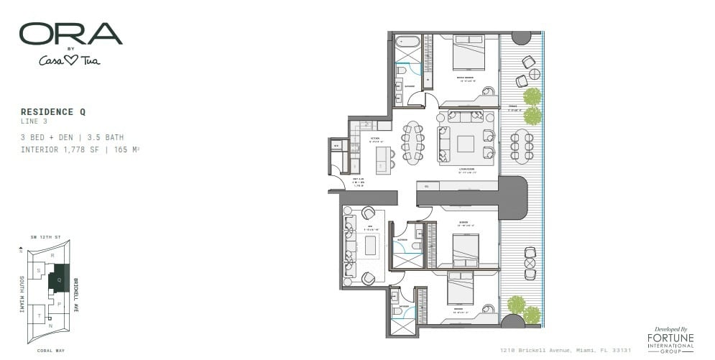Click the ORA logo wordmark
coord(70,34)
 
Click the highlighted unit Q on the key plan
coord(59,278)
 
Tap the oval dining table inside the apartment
coord(412,142)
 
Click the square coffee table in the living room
coord(466,144)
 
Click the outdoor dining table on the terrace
coord(522,146)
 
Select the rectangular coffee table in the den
coord(371,246)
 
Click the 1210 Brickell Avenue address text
coord(565,350)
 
